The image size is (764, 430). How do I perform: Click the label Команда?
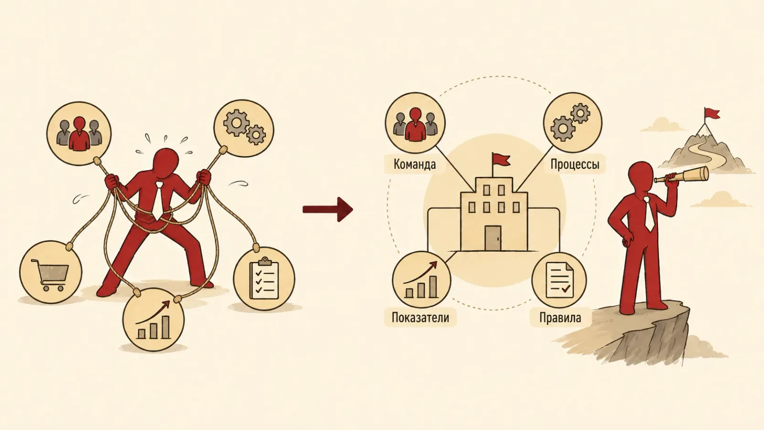pyautogui.click(x=414, y=164)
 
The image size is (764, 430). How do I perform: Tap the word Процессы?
pyautogui.click(x=575, y=164)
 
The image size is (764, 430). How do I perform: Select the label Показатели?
pyautogui.click(x=420, y=317)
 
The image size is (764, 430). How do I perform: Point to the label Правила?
pyautogui.click(x=560, y=318)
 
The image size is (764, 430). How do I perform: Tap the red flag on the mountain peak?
pyautogui.click(x=712, y=114)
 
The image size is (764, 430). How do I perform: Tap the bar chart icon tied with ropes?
pyautogui.click(x=153, y=320)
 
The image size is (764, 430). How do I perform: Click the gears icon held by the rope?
pyautogui.click(x=244, y=128)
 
